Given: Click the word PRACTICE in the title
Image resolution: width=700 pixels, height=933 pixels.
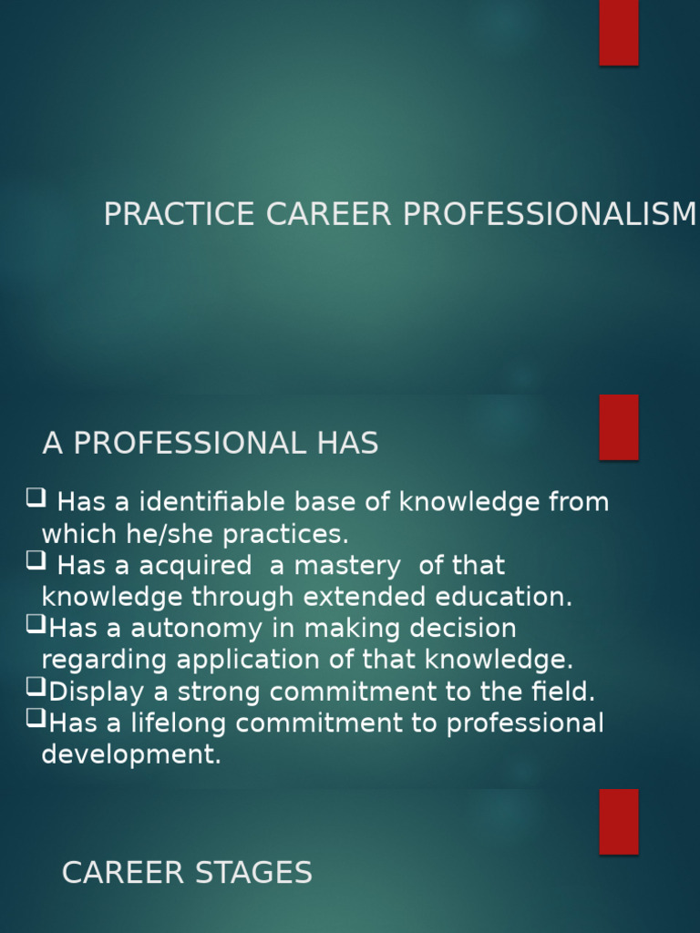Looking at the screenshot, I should [x=179, y=214].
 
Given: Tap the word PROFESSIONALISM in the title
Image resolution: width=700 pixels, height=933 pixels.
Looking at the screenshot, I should [x=550, y=214].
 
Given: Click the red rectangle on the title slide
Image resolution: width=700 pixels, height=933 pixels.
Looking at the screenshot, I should [x=619, y=32].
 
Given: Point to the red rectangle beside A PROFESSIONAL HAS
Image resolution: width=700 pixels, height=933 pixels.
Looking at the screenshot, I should [x=619, y=426].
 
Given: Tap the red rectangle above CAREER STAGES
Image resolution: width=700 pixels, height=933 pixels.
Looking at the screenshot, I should [x=619, y=821].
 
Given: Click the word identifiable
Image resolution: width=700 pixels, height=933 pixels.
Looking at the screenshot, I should [x=221, y=502].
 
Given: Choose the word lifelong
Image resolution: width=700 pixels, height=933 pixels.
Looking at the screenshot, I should [x=192, y=723].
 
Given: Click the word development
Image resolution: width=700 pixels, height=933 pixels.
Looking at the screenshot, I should [x=131, y=755].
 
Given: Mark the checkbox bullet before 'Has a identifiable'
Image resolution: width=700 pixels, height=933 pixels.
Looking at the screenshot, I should [x=36, y=497].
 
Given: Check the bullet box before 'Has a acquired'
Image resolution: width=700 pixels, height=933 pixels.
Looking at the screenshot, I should [x=36, y=561].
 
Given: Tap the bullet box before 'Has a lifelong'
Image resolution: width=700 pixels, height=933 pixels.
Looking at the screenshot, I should [x=36, y=719].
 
